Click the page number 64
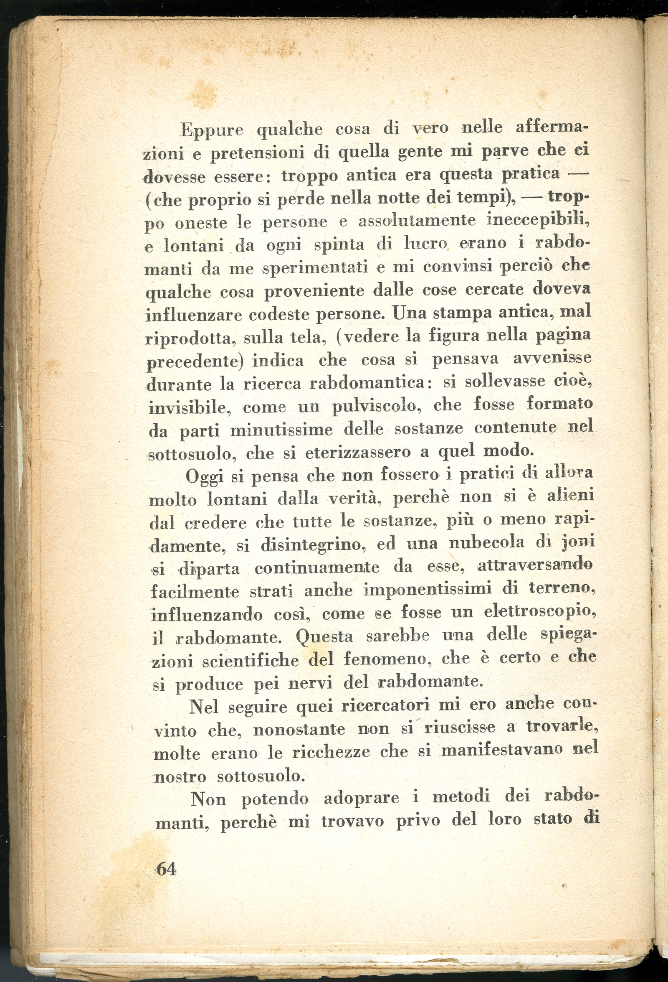pos(166,869)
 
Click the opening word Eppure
pos(212,130)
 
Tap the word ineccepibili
pos(537,220)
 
